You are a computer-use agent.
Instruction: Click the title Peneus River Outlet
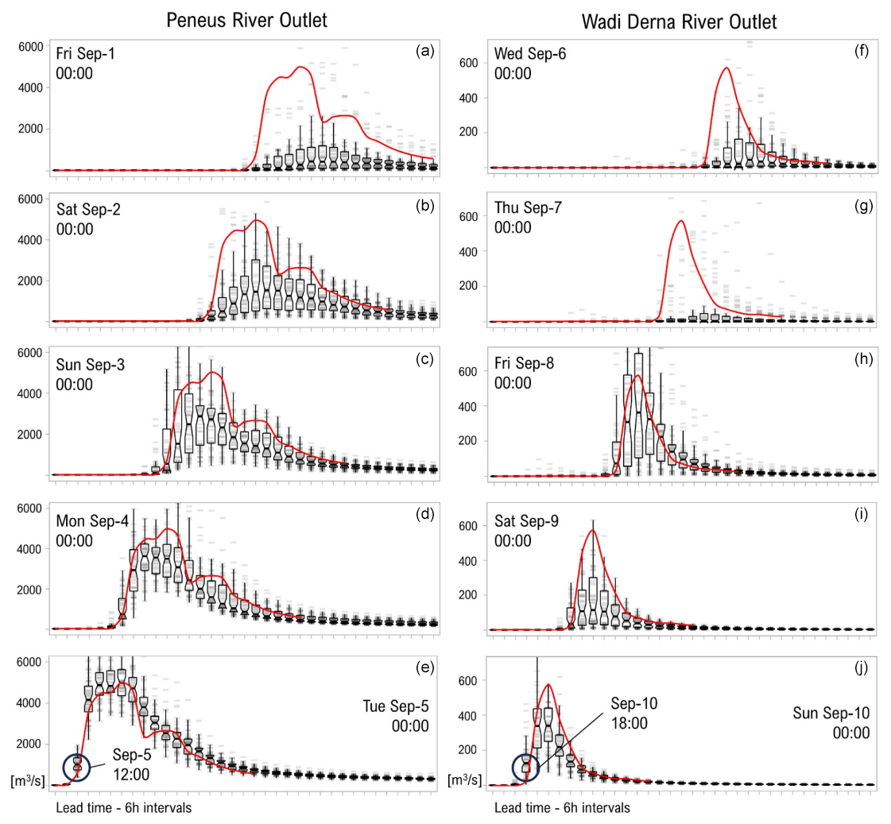[x=246, y=21]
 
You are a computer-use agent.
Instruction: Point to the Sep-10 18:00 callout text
[x=634, y=713]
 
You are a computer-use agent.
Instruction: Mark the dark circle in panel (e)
[x=77, y=766]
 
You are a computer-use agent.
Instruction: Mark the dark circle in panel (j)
[x=526, y=766]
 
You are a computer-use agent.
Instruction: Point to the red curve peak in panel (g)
[x=680, y=221]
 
